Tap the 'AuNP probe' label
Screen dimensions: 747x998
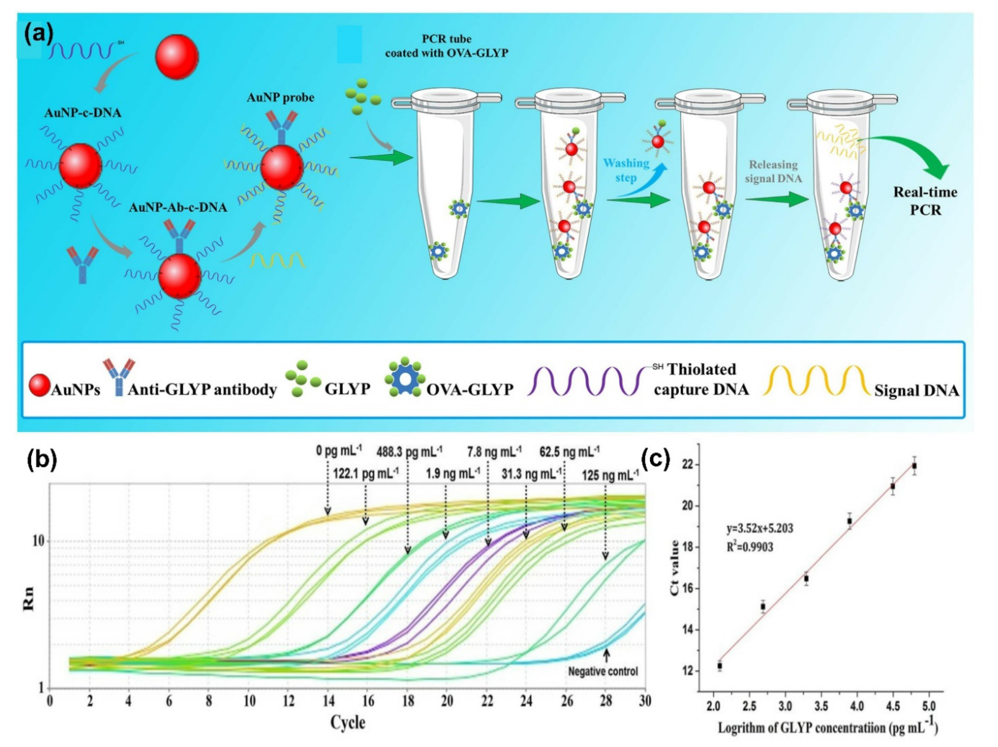pos(280,97)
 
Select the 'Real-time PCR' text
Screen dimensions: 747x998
pos(925,201)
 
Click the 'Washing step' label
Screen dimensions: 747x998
pos(626,170)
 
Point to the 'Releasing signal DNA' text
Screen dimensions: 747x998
pos(773,172)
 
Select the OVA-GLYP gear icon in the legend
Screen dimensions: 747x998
pos(405,378)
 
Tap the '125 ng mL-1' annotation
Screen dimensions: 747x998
pos(610,474)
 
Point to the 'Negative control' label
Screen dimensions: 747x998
pos(603,671)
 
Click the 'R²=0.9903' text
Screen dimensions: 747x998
pos(749,547)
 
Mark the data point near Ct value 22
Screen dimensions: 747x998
pos(914,466)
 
